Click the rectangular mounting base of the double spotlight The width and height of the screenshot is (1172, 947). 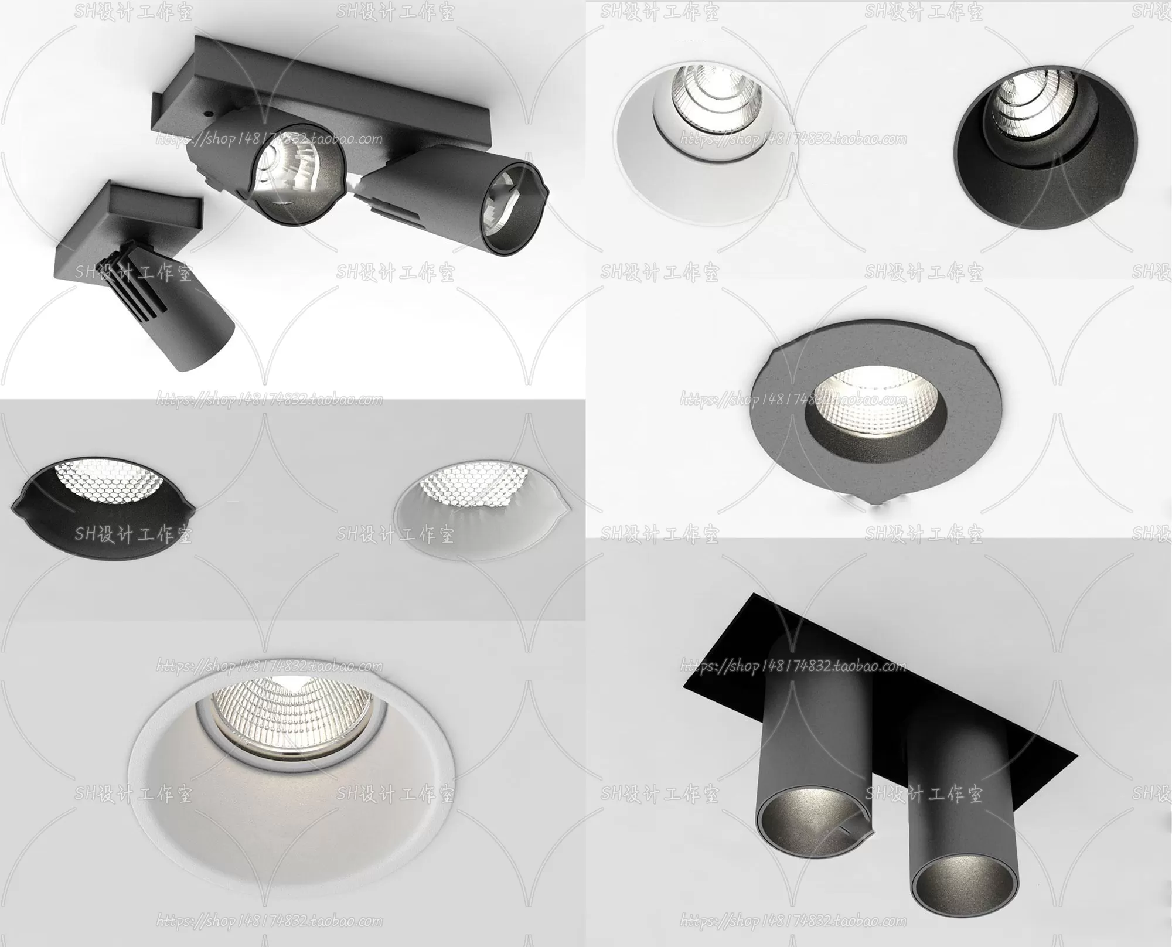(176, 100)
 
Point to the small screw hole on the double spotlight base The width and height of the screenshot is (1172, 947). (206, 111)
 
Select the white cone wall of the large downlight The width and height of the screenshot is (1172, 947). (287, 820)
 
